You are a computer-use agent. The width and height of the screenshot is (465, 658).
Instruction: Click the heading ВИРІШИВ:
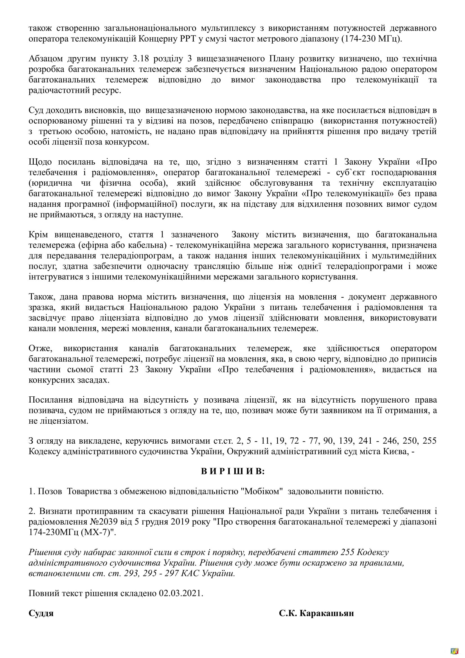[233, 471]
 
